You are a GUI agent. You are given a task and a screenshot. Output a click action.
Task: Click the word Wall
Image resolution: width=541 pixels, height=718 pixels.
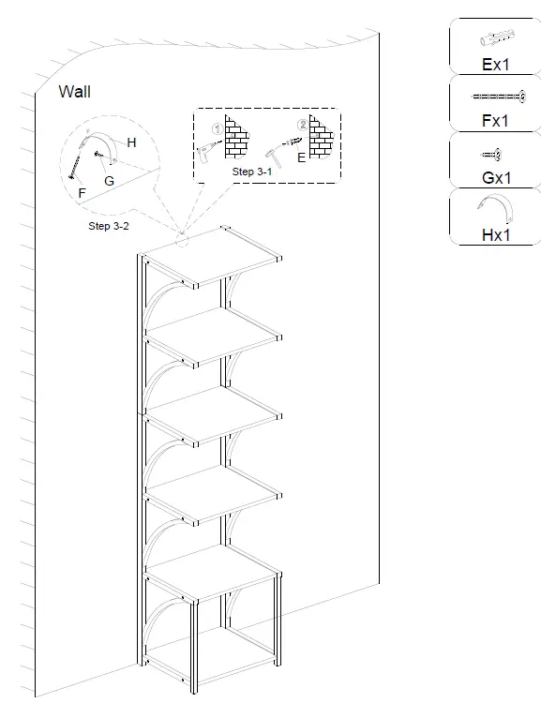click(74, 92)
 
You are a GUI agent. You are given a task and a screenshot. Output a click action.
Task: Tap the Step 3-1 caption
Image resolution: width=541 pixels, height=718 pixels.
click(251, 172)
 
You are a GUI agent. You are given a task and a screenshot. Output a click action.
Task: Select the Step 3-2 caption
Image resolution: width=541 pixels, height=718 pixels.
click(109, 226)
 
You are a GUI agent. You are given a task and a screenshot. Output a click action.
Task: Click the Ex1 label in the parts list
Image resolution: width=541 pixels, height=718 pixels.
click(496, 65)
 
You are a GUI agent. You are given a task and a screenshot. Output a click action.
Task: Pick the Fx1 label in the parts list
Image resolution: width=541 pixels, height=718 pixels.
click(495, 121)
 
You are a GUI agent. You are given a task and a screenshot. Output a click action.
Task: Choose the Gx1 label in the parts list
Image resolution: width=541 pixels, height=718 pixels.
click(497, 178)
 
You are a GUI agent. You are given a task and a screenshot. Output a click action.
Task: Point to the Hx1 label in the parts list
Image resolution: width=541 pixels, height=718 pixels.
click(496, 235)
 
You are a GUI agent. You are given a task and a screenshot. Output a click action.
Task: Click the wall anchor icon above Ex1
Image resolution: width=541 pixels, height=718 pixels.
click(498, 38)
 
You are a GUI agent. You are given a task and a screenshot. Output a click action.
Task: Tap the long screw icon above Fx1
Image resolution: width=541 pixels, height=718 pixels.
click(499, 97)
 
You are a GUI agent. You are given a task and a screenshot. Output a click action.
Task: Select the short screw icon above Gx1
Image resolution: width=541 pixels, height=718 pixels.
click(490, 155)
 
